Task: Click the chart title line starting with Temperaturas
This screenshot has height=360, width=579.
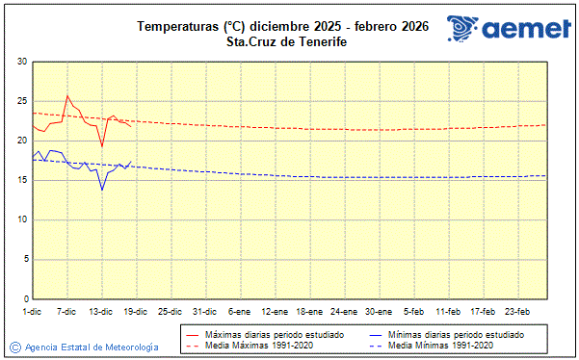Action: click(x=283, y=26)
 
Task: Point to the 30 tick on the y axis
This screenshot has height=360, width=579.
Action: click(x=21, y=63)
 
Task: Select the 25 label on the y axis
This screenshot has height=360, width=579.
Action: click(x=21, y=102)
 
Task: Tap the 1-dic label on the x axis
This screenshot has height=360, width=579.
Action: click(x=32, y=311)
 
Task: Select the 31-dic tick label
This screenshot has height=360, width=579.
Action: click(x=204, y=311)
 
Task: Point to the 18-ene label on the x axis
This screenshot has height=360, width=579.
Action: click(x=308, y=311)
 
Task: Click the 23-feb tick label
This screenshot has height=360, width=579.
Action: click(x=517, y=311)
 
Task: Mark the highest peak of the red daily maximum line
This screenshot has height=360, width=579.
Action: click(x=66, y=95)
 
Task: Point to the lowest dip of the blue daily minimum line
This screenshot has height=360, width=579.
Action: click(x=101, y=190)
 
